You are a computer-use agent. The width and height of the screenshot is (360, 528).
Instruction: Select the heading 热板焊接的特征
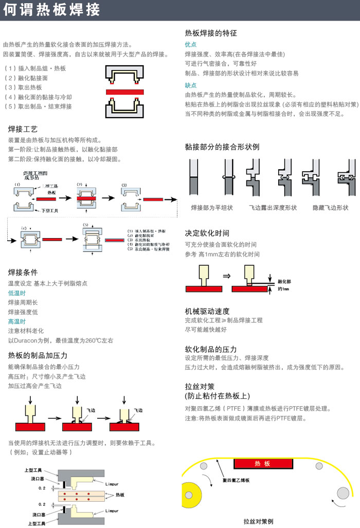[x=211, y=33]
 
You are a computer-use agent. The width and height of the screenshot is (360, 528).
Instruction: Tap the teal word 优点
[x=191, y=45]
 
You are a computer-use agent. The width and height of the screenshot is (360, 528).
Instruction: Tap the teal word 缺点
[x=191, y=85]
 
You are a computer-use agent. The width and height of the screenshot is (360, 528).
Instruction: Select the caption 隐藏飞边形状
[x=330, y=208]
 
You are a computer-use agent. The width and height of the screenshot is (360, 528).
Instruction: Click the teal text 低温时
[x=16, y=293]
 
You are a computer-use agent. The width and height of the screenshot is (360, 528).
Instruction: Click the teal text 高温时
[x=16, y=321]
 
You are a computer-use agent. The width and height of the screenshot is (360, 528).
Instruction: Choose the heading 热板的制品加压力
[x=38, y=355]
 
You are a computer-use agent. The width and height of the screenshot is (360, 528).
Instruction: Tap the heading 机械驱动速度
[x=207, y=311]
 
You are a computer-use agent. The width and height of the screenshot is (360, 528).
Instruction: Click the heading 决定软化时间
[x=207, y=233]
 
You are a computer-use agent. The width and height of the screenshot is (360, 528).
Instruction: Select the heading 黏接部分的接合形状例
[x=222, y=147]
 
